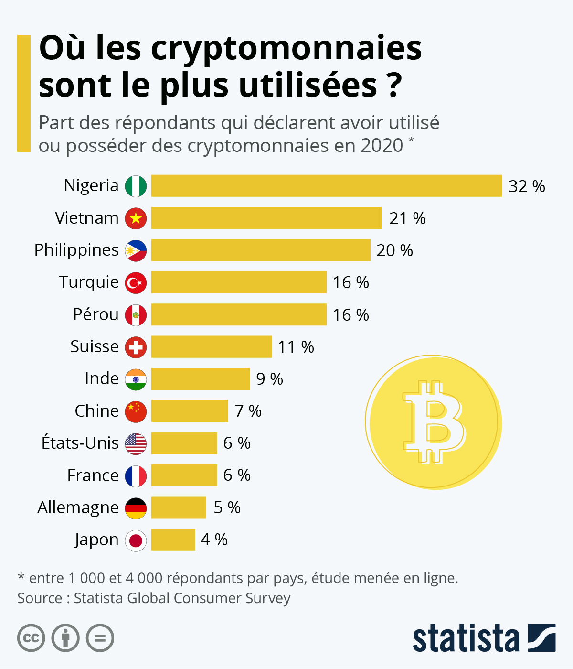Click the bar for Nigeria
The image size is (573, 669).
(x=326, y=186)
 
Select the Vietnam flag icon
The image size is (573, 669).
(x=136, y=218)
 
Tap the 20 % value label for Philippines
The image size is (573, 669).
(x=394, y=250)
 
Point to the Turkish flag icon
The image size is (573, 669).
(x=136, y=283)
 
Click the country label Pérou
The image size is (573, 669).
(x=95, y=314)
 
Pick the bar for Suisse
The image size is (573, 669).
(x=212, y=347)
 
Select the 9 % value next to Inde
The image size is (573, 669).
(x=269, y=379)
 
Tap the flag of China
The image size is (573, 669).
(x=136, y=411)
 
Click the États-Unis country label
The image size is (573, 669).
(x=80, y=443)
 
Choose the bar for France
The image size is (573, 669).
(x=184, y=475)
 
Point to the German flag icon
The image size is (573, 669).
(x=136, y=508)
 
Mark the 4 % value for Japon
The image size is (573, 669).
(x=214, y=540)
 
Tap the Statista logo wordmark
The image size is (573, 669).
(x=466, y=638)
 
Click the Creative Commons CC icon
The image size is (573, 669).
(x=31, y=638)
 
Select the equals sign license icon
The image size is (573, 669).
(x=100, y=638)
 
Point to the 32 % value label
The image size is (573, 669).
(x=527, y=186)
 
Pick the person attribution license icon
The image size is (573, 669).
(x=65, y=638)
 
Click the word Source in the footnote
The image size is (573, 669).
(x=40, y=598)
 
